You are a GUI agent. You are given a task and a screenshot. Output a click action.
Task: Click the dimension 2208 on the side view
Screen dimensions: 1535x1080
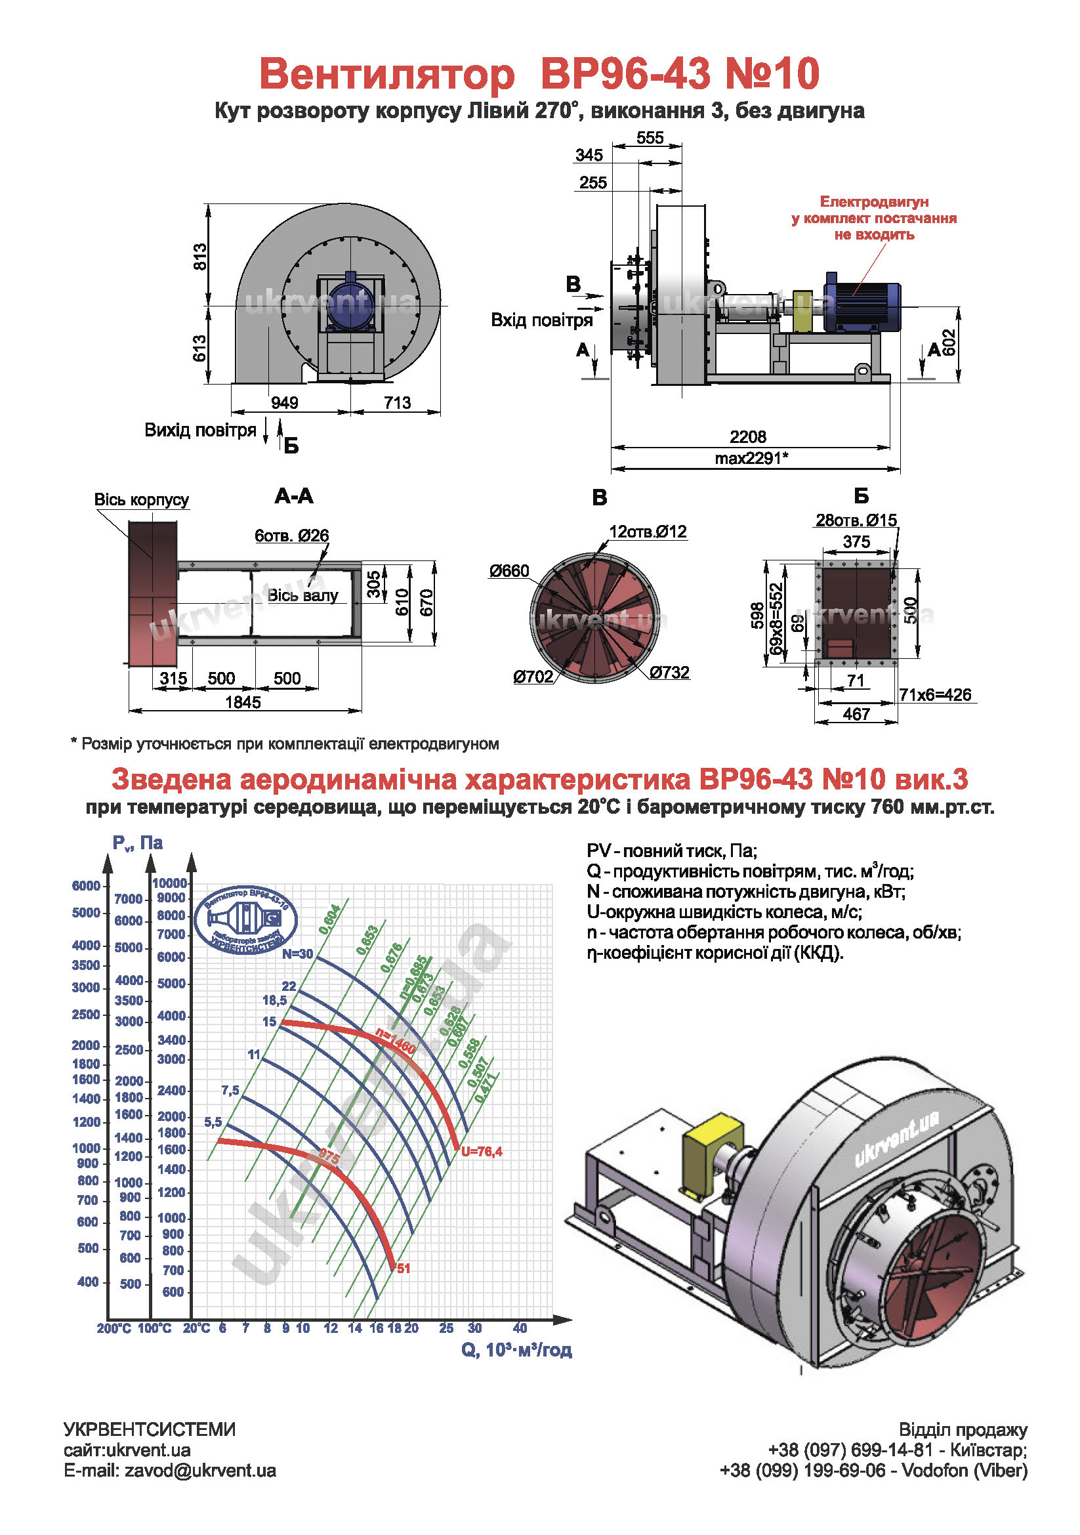pos(747,436)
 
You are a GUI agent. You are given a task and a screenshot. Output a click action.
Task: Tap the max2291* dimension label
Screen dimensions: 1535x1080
pos(751,458)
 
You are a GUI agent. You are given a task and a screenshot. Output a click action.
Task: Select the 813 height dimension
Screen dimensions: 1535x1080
pos(200,257)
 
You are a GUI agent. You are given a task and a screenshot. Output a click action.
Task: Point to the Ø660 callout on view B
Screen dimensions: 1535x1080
pos(509,570)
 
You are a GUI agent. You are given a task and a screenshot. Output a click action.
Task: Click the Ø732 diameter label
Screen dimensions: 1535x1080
pos(669,672)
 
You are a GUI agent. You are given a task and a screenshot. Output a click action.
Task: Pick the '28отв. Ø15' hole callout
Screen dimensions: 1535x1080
pos(856,520)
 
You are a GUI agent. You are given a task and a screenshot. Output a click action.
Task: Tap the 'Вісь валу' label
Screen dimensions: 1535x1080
pos(302,595)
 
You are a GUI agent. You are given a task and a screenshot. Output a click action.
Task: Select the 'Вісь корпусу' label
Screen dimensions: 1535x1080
pos(141,499)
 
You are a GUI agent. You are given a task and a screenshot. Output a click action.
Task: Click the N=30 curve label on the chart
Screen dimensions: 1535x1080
pos(297,954)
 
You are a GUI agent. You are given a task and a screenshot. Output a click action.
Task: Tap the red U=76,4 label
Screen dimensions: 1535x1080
pos(481,1151)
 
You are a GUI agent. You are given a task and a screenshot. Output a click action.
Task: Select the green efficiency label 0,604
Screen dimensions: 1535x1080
pos(330,919)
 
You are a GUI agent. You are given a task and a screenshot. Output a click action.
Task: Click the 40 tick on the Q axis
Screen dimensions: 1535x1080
pos(519,1328)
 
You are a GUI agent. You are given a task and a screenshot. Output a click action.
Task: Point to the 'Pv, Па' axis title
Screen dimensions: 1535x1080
pos(137,843)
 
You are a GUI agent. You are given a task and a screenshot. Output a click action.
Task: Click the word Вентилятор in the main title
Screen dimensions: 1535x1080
pos(387,74)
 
